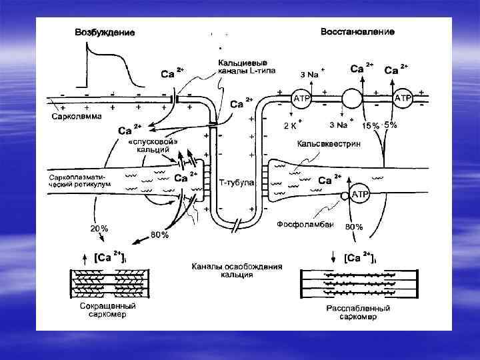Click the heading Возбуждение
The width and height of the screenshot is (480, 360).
[x=105, y=32]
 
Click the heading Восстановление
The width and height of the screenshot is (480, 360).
[x=357, y=31]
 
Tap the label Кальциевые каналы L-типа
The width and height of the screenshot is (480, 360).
[x=247, y=67]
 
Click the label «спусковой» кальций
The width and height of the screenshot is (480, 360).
[x=153, y=145]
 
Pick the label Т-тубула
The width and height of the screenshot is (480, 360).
[x=237, y=183]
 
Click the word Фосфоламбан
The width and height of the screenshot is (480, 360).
[x=305, y=225]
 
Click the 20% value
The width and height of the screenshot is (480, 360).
[x=99, y=228]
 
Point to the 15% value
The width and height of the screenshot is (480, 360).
[x=371, y=125]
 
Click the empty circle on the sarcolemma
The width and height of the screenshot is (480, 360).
[x=351, y=99]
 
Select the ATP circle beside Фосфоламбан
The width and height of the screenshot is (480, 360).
[x=359, y=194]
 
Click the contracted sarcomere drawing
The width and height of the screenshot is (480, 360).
[x=104, y=283]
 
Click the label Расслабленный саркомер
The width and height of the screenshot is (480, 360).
[x=353, y=313]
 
